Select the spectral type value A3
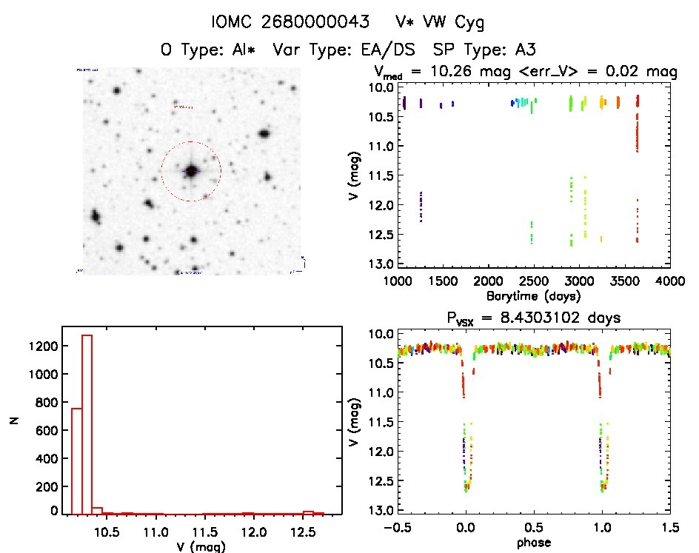point(524,50)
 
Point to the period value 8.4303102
point(526,318)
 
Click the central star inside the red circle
point(191,171)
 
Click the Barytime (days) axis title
point(533,295)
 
